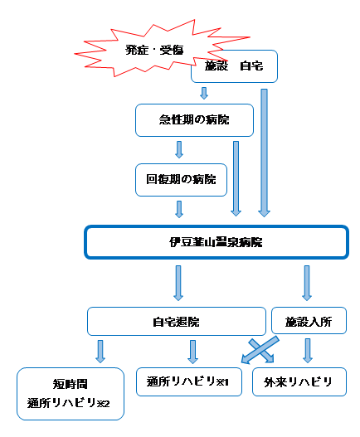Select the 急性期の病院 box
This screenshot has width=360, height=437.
194,120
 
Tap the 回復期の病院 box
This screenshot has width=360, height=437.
182,180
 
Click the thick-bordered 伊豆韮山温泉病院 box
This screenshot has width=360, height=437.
216,242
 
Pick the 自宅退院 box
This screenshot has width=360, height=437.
177,322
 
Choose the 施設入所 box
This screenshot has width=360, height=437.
309,321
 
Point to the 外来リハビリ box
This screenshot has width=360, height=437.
299,381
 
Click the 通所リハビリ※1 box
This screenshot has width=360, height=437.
189,381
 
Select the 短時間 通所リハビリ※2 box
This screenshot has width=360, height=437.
71,394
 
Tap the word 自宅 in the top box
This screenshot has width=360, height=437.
251,66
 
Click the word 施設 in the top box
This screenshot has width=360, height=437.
216,66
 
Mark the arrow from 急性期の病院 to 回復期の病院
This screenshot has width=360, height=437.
179,149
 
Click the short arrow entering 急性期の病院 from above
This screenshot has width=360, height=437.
204,93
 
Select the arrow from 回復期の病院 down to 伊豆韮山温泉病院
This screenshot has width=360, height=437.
179,209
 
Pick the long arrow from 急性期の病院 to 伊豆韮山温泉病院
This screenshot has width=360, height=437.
236,178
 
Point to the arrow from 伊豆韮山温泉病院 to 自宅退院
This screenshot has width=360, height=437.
178,283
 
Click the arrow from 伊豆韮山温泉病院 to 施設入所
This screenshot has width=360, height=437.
307,283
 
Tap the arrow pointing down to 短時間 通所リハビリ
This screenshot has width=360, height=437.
100,351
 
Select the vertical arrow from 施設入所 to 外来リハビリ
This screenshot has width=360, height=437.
308,351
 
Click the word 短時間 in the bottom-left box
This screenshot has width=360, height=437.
71,384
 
